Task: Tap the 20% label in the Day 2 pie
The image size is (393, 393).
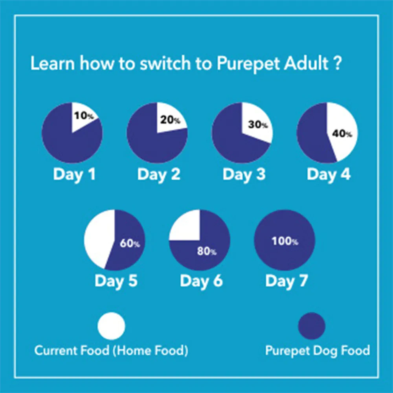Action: [x=170, y=120]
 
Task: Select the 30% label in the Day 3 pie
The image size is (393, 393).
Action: [x=258, y=125]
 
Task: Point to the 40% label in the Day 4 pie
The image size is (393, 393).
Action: [x=342, y=134]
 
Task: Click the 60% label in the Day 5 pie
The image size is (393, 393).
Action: [x=130, y=243]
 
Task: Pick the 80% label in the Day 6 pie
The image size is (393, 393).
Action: [x=207, y=252]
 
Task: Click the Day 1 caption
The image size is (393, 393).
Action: [x=74, y=174]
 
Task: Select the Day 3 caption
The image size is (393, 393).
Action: [x=244, y=174]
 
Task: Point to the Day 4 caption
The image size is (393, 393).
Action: [x=329, y=174]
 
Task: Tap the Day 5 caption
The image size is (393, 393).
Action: [x=116, y=281]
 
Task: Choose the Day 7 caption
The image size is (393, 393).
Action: [x=286, y=281]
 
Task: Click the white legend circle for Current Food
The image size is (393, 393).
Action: [x=112, y=326]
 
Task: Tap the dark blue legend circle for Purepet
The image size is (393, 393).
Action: [x=312, y=326]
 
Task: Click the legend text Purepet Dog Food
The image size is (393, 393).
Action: [x=318, y=350]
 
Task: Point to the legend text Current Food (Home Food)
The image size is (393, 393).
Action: [x=111, y=350]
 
